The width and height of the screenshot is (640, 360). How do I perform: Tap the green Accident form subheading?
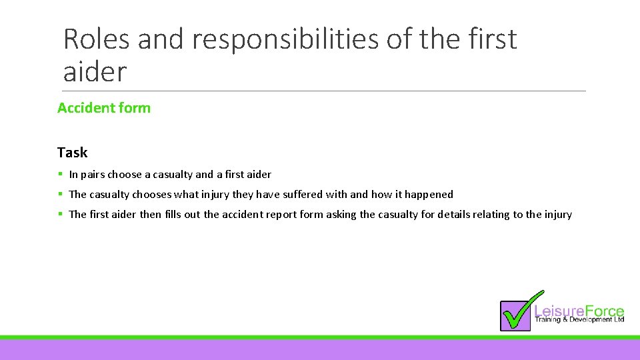pyautogui.click(x=104, y=107)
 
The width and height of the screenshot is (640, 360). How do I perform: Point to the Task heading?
pyautogui.click(x=72, y=153)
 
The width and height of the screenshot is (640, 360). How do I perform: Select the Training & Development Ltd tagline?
pyautogui.click(x=579, y=320)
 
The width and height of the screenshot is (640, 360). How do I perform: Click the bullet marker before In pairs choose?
pyautogui.click(x=60, y=175)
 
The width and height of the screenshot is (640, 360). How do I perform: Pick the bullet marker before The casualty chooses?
pyautogui.click(x=60, y=195)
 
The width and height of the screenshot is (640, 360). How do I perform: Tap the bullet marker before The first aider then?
pyautogui.click(x=60, y=215)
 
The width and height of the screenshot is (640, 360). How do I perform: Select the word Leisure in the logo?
pyautogui.click(x=559, y=311)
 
